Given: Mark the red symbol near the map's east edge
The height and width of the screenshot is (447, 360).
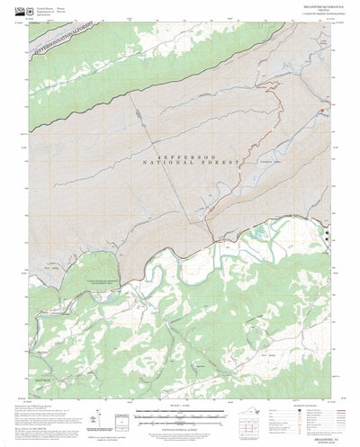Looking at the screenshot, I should pyautogui.click(x=321, y=111).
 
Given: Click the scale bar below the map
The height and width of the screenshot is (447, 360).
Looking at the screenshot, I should pyautogui.click(x=179, y=416).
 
